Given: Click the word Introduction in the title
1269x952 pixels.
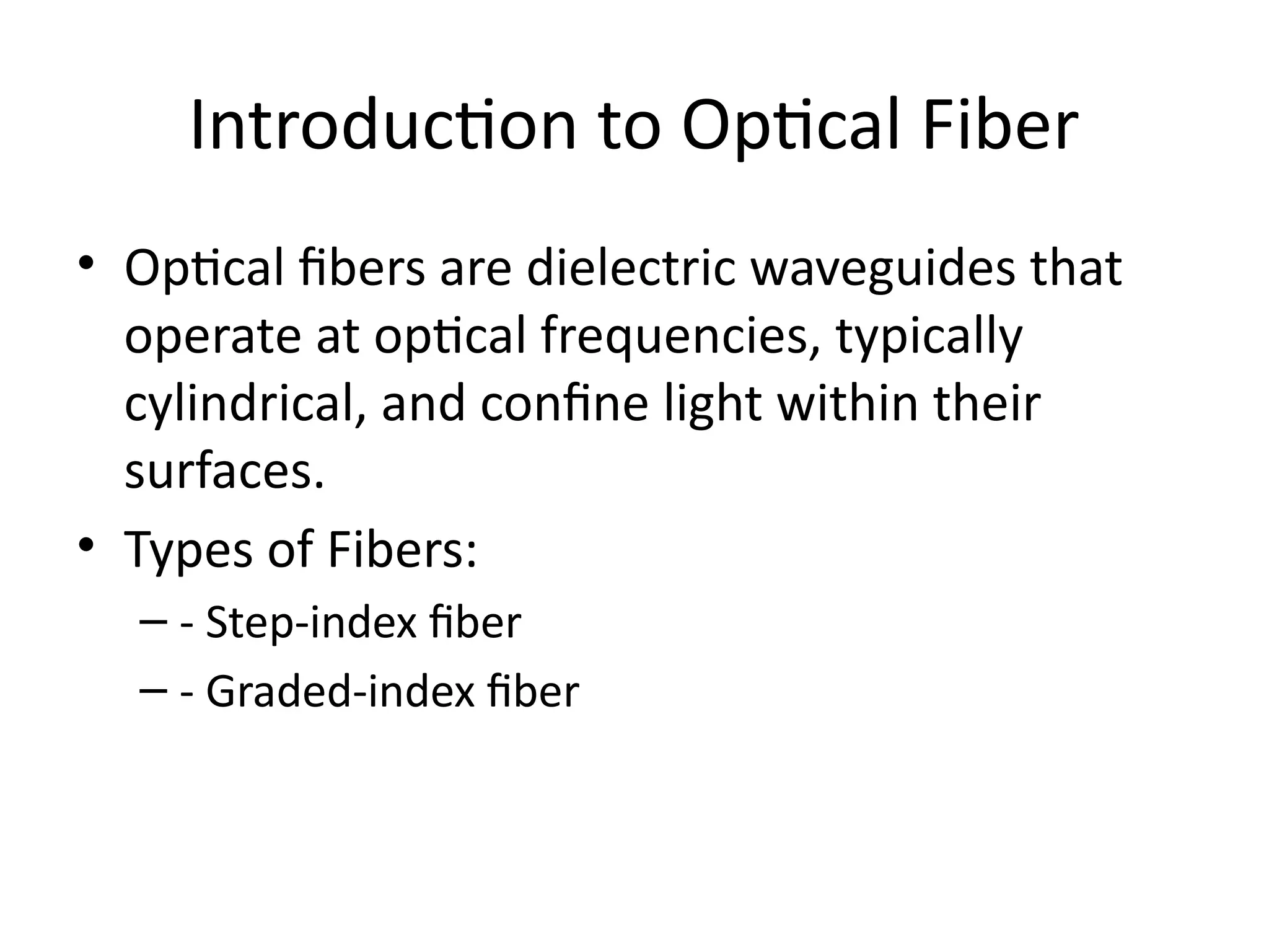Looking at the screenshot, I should pyautogui.click(x=384, y=127).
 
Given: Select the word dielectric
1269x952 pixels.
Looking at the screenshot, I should pyautogui.click(x=631, y=268).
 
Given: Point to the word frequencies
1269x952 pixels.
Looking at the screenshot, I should pyautogui.click(x=680, y=337).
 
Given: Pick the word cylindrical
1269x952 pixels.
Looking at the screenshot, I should pyautogui.click(x=244, y=404).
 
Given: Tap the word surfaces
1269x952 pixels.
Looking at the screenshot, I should pyautogui.click(x=224, y=472).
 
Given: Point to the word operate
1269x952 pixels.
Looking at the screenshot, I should pyautogui.click(x=213, y=337).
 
